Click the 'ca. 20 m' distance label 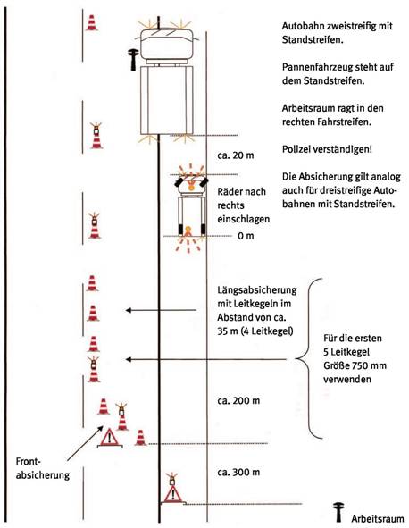pos(236,155)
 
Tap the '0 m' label pos(246,236)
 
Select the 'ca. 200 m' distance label pos(238,401)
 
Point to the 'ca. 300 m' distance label pos(238,472)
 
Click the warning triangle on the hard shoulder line pos(172,494)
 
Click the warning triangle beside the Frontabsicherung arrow pos(110,438)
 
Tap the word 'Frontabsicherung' pos(42,468)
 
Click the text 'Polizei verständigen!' pos(327,149)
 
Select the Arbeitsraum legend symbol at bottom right pos(338,513)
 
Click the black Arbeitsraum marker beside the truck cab pos(133,60)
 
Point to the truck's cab pos(166,44)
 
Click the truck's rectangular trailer pos(167,100)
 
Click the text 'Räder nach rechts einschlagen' pos(244,205)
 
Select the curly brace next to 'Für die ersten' pos(309,358)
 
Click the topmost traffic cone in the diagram pos(92,23)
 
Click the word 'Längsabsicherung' pos(257,290)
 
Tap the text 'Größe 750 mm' pos(355,365)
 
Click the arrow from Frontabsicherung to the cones pos(86,443)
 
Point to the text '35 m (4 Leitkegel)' pos(255,331)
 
